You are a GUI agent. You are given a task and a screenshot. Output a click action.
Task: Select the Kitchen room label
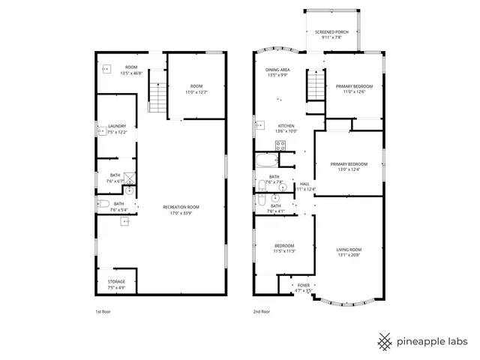tap(286, 128)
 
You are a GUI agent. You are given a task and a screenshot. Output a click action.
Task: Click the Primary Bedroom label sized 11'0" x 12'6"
tap(354, 89)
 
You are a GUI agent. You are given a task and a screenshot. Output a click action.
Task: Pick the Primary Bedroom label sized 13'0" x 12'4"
tap(349, 166)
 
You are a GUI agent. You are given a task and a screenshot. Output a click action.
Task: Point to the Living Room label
tap(349, 252)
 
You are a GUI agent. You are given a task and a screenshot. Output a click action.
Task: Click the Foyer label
tap(303, 287)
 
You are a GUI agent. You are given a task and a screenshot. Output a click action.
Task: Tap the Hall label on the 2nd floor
tap(305, 186)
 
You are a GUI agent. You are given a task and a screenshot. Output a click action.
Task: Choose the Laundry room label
tap(116, 129)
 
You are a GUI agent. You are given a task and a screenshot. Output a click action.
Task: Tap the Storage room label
tap(116, 284)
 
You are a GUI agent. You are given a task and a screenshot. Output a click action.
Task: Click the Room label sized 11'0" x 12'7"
tap(196, 89)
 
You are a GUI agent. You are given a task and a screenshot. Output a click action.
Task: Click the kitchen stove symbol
tap(279, 147)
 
